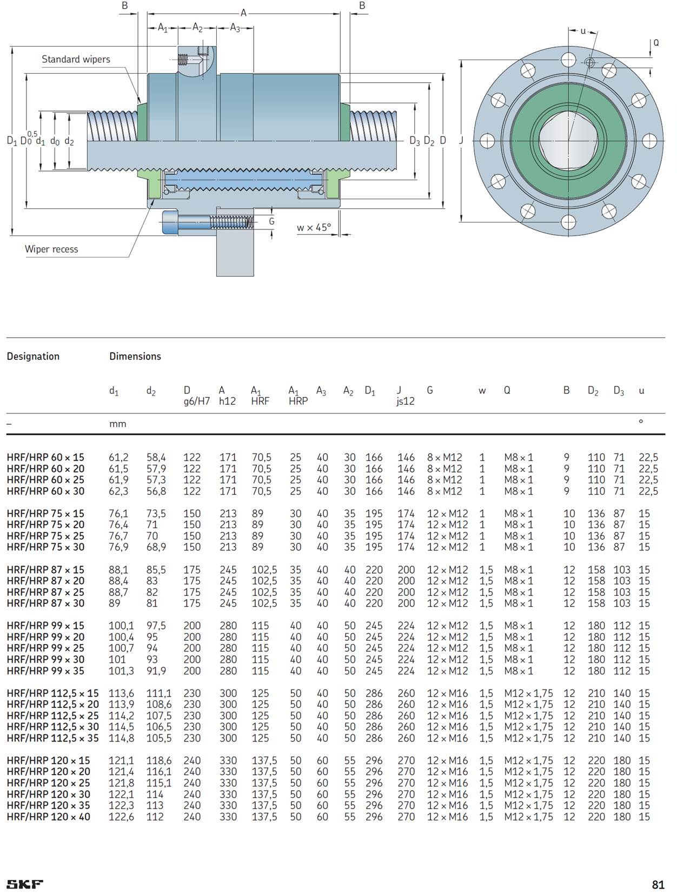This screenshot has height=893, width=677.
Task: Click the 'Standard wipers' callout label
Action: [x=76, y=60]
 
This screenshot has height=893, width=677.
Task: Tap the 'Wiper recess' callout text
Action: [x=51, y=249]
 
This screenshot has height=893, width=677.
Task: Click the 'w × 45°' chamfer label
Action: [x=313, y=227]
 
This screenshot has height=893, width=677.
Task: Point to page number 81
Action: [x=658, y=885]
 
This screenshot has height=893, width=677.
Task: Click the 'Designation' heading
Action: [x=33, y=356]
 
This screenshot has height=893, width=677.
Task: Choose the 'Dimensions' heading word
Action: [x=135, y=356]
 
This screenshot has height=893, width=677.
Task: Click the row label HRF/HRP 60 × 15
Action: [x=45, y=457]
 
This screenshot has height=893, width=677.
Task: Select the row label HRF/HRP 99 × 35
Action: [x=45, y=671]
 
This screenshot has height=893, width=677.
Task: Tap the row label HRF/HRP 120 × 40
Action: [x=48, y=817]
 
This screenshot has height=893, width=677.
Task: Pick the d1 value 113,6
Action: [x=121, y=693]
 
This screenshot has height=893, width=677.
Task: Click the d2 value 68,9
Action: [x=156, y=547]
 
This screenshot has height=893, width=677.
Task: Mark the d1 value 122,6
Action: [x=121, y=817]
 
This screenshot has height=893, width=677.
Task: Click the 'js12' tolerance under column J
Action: [x=405, y=401]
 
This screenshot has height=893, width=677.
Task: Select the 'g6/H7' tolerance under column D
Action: [x=196, y=401]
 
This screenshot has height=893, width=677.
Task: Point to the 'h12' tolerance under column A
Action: [x=227, y=401]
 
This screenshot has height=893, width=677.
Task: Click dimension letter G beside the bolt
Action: [x=271, y=221]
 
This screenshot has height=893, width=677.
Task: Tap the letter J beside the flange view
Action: [x=461, y=140]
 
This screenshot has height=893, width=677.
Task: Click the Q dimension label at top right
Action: [x=656, y=43]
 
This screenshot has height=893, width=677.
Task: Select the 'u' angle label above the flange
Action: [x=583, y=31]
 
